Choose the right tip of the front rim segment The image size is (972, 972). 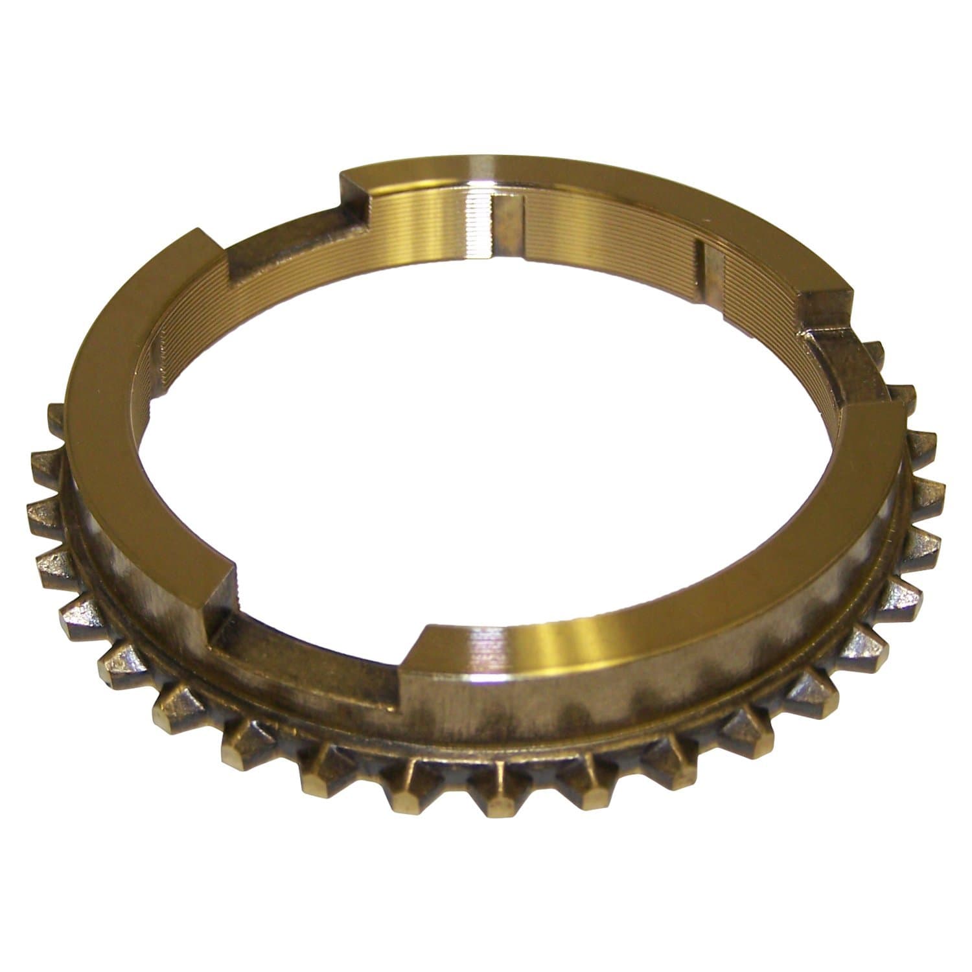(897, 415)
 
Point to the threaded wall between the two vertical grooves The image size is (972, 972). (609, 240)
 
